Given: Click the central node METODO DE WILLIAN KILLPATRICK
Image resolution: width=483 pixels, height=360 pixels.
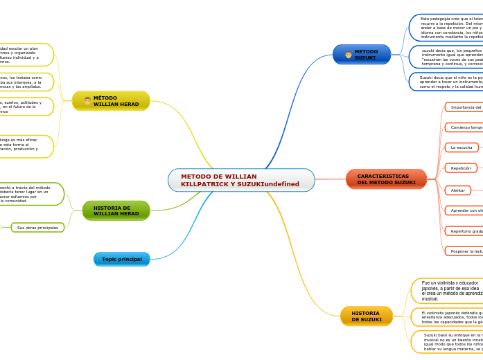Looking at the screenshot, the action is coord(240,180).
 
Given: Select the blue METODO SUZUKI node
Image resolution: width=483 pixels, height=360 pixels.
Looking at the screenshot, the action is coord(362,55).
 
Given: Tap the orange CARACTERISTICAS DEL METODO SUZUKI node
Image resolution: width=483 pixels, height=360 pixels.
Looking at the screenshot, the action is coord(386,179).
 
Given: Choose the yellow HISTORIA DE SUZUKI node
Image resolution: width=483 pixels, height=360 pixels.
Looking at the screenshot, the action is coord(367,316).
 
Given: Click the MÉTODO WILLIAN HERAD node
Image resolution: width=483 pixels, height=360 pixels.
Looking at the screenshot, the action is coord(111,101).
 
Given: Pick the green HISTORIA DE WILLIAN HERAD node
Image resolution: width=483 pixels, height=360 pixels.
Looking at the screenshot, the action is coord(116,210).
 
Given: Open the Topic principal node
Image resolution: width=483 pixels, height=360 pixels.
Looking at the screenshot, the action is coord(121,259).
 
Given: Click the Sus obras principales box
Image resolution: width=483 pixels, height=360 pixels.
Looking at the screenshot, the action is coord(37,227).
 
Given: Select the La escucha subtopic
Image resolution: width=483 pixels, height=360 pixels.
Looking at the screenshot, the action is coord(462,147).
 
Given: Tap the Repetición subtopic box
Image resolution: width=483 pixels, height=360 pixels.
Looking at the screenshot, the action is coord(461,168).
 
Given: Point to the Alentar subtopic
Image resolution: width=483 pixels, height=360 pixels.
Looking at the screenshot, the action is coord(458,190).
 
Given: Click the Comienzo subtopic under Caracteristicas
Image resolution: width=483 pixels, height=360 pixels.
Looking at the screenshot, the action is coord(464,127).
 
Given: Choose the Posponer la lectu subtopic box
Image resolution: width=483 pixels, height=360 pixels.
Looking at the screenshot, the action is coord(464,251).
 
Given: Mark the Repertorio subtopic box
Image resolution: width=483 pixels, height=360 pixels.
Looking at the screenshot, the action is coord(464,231).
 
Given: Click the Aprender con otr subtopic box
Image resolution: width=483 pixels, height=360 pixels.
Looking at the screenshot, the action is coord(464,210).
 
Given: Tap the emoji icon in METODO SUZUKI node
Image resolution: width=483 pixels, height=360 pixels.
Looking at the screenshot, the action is coord(348,55).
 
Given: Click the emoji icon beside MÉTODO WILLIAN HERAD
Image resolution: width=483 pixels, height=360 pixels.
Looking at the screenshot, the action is coord(87,101).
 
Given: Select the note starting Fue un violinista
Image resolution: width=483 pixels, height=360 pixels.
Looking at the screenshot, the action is coord(447,291).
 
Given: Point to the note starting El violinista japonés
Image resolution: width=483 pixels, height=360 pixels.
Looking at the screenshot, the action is coord(447,317).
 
